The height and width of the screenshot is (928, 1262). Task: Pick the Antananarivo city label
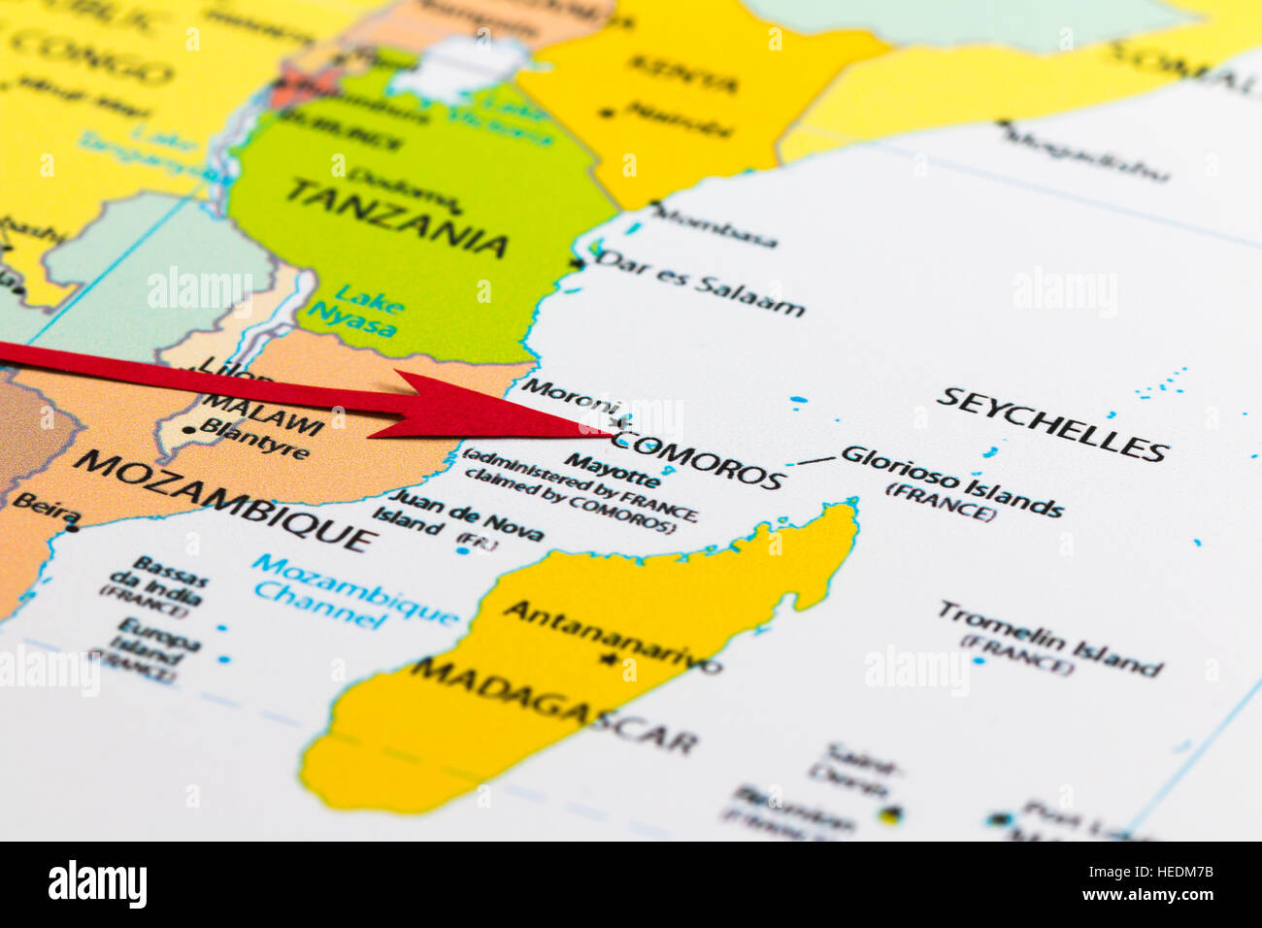pyautogui.click(x=613, y=637)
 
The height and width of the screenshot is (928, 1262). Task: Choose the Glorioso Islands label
pyautogui.click(x=951, y=481)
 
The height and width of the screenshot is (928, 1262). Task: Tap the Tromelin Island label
pyautogui.click(x=1048, y=638)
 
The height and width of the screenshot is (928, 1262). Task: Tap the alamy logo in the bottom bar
pyautogui.click(x=98, y=884)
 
